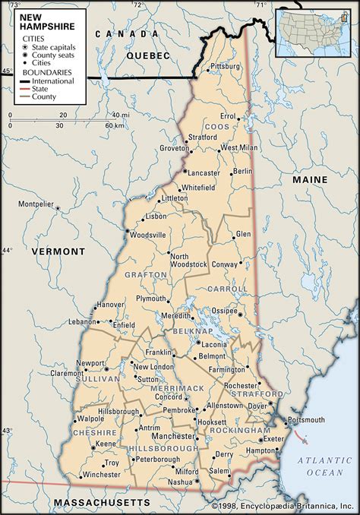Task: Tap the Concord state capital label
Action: coord(169,396)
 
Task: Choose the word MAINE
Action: coord(311,179)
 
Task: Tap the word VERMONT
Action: coord(54,251)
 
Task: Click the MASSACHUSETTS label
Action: coord(99,504)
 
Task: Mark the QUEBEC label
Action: coord(147,56)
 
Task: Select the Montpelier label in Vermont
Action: coord(37,204)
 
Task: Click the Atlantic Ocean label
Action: coord(320,466)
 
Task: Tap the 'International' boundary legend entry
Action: coord(53,81)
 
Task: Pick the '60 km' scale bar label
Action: coord(113,125)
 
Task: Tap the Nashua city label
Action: coord(181,482)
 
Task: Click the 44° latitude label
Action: coord(7,250)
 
